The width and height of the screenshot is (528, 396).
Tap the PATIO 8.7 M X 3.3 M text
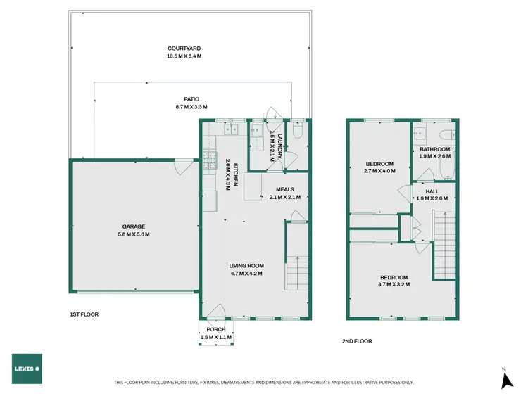click(x=187, y=99)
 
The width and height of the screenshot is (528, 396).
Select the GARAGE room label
click(x=133, y=226)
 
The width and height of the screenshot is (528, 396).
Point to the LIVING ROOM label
click(x=246, y=266)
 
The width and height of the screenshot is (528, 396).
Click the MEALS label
click(x=284, y=189)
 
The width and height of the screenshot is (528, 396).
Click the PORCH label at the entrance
click(x=216, y=329)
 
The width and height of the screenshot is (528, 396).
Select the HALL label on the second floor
click(x=432, y=191)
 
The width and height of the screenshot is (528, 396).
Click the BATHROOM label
click(x=434, y=149)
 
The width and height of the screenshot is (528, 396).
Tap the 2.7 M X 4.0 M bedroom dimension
click(x=379, y=171)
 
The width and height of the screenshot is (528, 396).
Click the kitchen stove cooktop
click(x=208, y=161)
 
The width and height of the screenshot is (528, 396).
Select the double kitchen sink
click(x=232, y=129)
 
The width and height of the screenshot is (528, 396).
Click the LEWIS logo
click(x=26, y=369)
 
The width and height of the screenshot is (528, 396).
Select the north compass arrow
click(x=505, y=380)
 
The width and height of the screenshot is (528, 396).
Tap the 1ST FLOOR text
click(x=84, y=314)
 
